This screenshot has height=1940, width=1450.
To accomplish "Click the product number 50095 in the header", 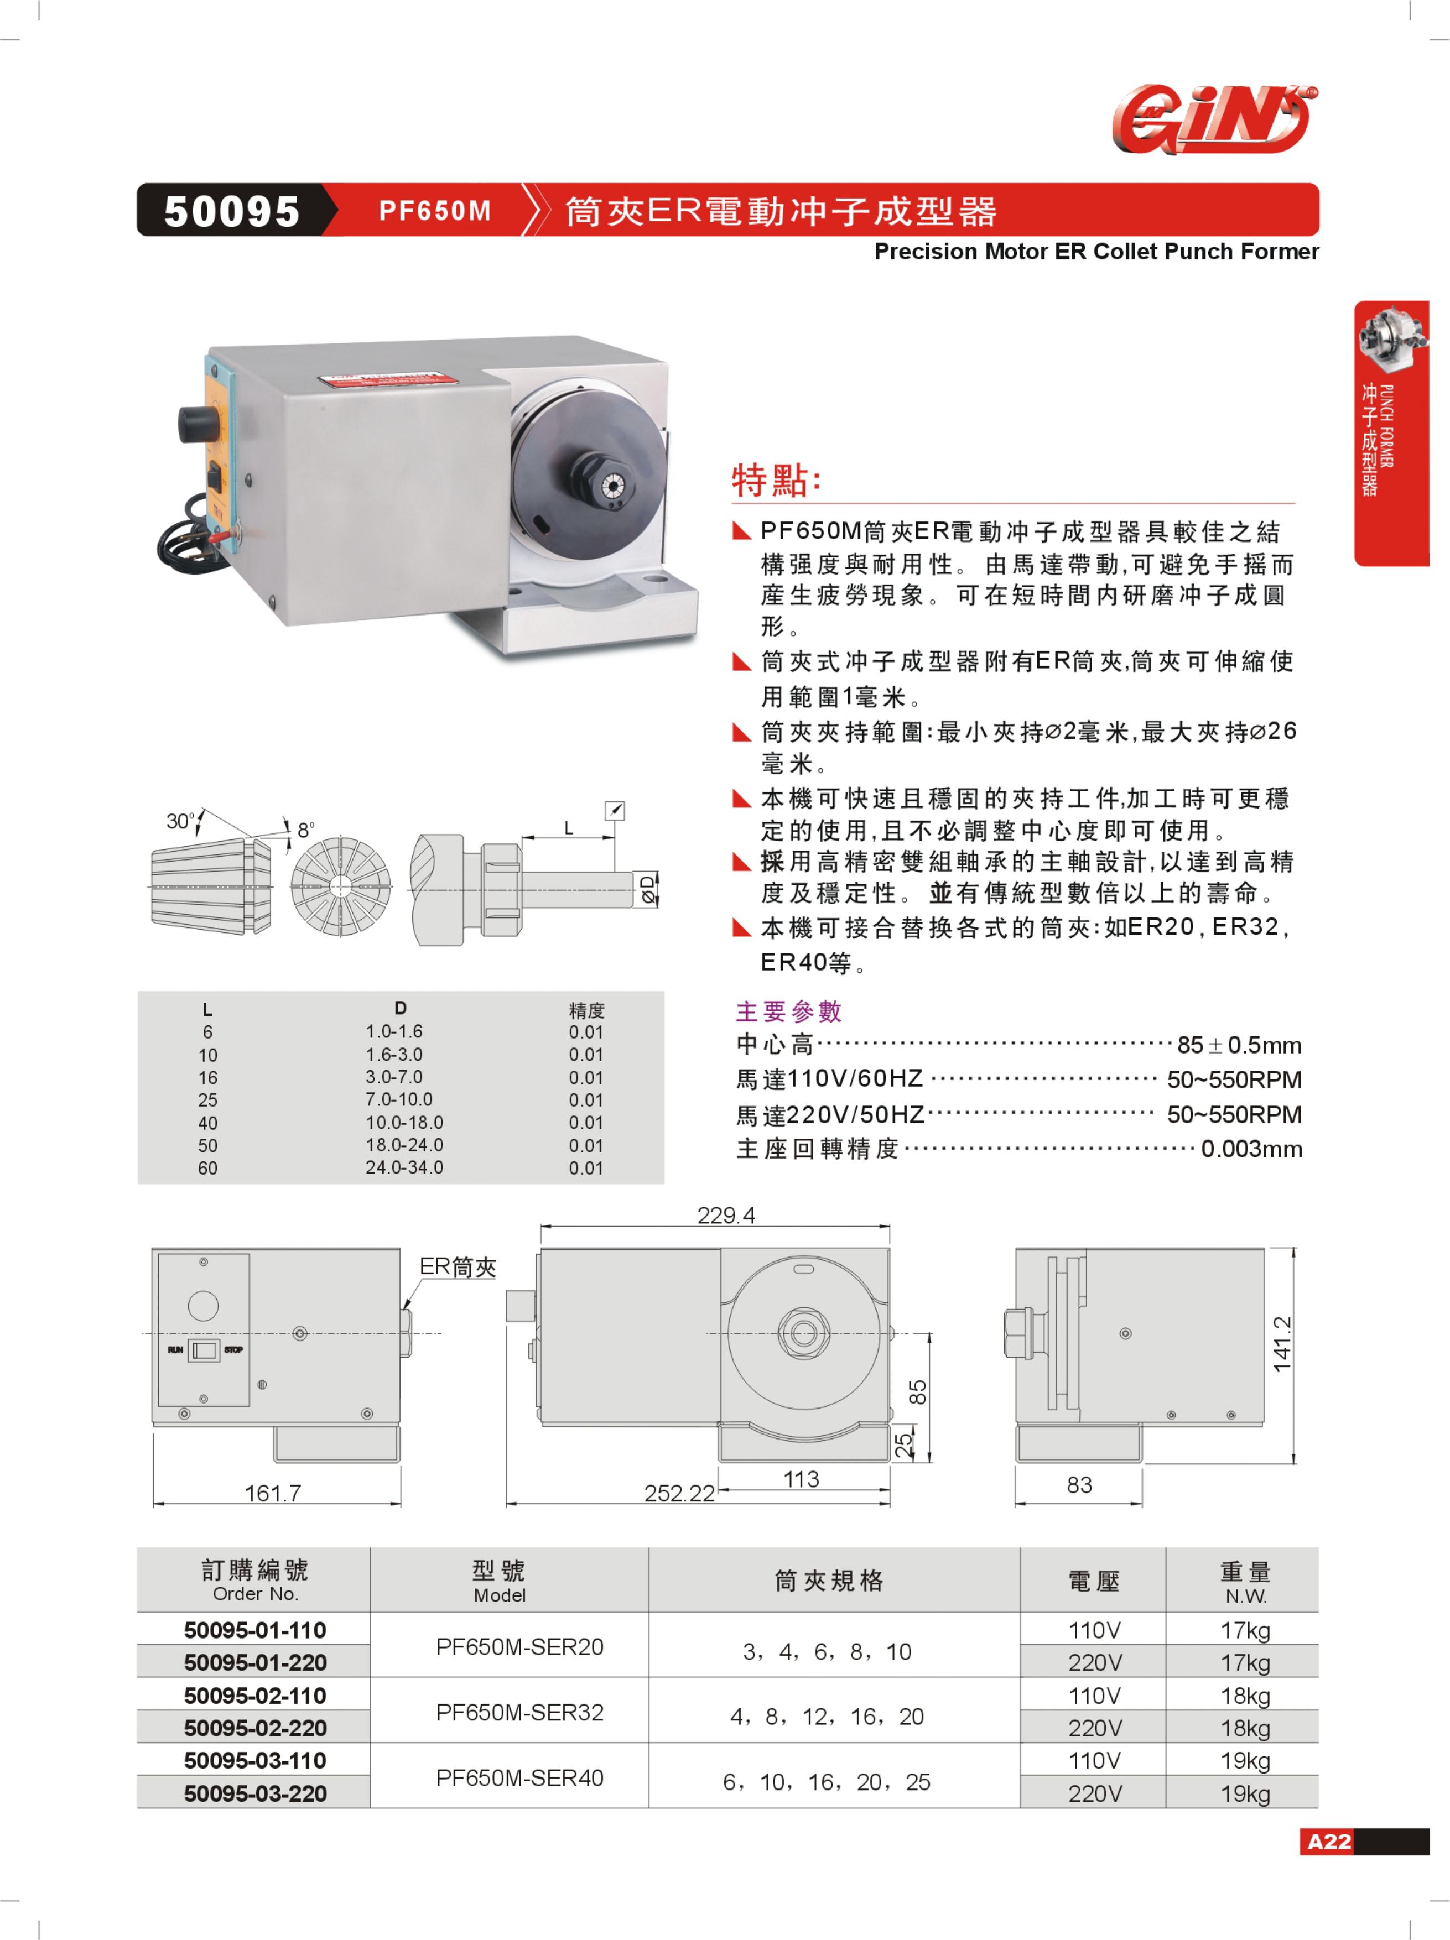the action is [x=232, y=211].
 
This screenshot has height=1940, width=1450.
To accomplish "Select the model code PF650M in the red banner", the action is [x=434, y=211].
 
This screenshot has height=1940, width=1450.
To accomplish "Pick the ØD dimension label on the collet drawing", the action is [x=647, y=889].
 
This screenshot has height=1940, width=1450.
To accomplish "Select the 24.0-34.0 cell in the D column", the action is [x=404, y=1168].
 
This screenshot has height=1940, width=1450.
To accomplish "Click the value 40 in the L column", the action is [x=208, y=1123].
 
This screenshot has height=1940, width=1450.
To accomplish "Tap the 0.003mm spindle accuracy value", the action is [x=1251, y=1149].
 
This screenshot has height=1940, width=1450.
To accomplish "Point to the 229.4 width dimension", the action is [x=725, y=1216].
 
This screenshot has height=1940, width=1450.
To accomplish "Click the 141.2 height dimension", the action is [x=1282, y=1344].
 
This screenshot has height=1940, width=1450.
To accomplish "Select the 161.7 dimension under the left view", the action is [x=273, y=1493].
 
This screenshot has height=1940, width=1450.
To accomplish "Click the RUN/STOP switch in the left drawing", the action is [x=205, y=1350].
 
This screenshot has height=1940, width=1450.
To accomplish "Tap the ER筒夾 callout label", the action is [x=458, y=1266].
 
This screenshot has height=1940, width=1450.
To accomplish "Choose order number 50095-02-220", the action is [x=255, y=1728].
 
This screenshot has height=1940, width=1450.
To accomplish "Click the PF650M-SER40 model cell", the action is [x=519, y=1778].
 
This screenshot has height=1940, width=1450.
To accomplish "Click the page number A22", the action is [x=1329, y=1841].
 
